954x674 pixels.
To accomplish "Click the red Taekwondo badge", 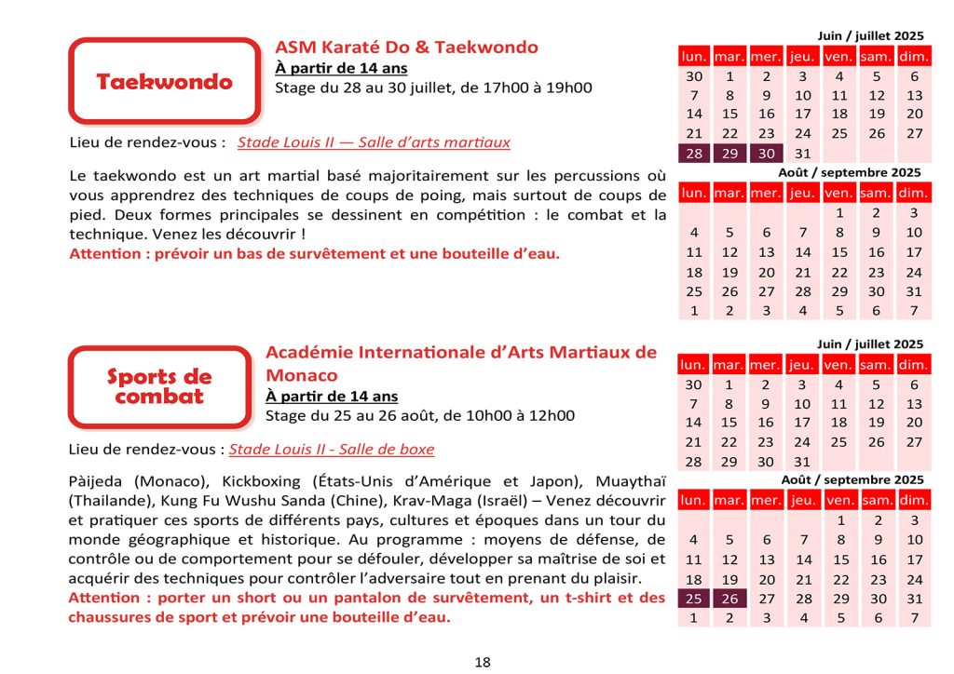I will (x=164, y=82).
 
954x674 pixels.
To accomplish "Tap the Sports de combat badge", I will (x=159, y=386).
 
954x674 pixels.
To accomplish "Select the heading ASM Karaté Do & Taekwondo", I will (x=406, y=47).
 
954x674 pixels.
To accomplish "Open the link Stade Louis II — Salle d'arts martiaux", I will (x=374, y=142).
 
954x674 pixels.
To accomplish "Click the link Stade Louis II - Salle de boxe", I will (x=332, y=449).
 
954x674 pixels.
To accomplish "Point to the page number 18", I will (x=483, y=662).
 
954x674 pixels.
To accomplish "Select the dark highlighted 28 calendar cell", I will (x=694, y=154).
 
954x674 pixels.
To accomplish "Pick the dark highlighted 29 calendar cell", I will (x=730, y=154).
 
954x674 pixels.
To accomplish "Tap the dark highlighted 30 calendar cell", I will (x=767, y=154).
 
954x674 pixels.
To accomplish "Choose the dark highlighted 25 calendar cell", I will (x=693, y=599).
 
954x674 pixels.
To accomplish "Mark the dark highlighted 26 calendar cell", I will (x=729, y=599).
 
